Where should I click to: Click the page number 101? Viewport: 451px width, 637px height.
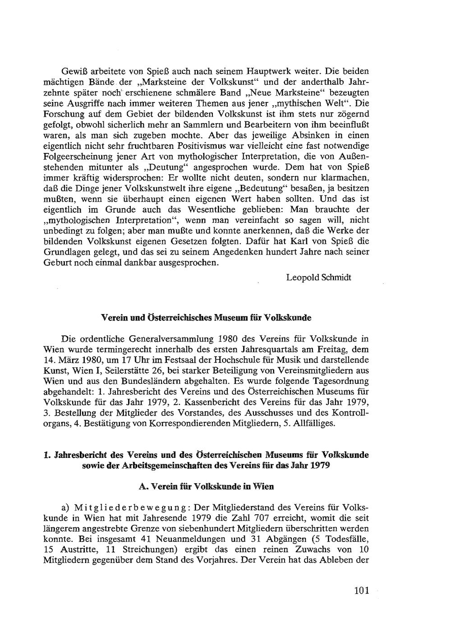coord(362,590)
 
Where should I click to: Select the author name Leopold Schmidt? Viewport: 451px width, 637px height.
coord(318,277)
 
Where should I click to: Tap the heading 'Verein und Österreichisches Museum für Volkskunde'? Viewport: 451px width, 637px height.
coord(206,318)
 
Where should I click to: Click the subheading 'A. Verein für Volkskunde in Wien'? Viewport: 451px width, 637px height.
coord(206,487)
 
